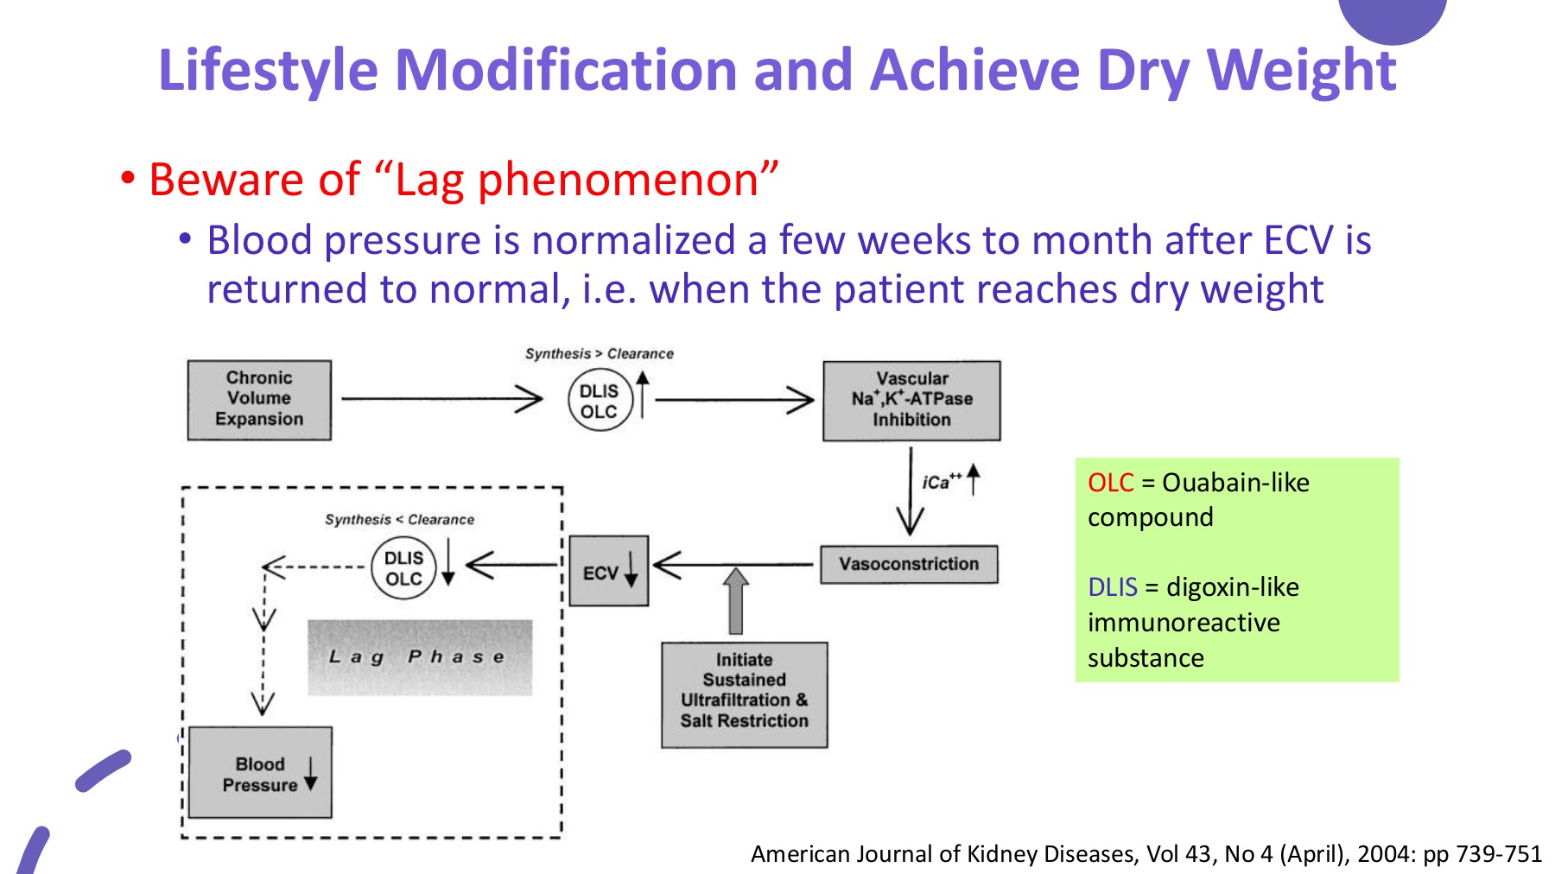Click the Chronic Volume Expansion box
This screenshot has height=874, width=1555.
(x=259, y=399)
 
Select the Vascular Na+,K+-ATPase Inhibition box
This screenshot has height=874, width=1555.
(x=911, y=400)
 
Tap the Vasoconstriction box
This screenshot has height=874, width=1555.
(x=909, y=564)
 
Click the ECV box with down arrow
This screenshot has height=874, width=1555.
(x=608, y=571)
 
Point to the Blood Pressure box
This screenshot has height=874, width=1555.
(x=260, y=773)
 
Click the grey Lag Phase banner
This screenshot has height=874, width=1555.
(x=420, y=657)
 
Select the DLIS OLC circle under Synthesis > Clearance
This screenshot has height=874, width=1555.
(x=600, y=401)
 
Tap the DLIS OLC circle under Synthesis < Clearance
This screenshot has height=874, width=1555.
(x=403, y=567)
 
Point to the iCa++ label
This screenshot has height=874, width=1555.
(x=941, y=482)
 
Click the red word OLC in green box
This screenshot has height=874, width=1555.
(x=1110, y=482)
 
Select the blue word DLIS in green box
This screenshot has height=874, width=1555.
(x=1112, y=587)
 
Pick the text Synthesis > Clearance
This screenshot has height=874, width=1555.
(x=599, y=353)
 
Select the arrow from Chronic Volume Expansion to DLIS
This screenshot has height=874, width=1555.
(x=441, y=398)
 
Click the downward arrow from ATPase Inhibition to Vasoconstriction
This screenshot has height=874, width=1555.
(x=910, y=492)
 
